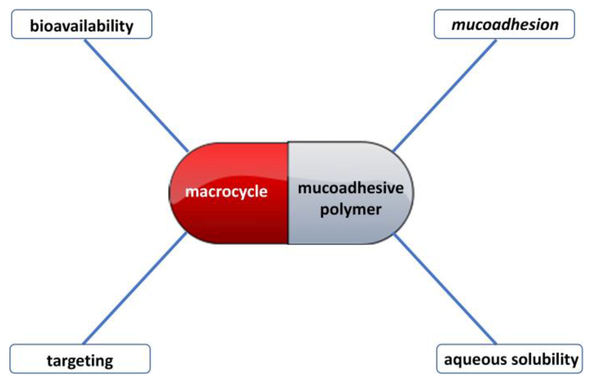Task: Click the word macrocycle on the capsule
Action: point(226,191)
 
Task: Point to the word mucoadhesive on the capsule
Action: point(351,188)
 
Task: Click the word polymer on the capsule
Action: point(351,210)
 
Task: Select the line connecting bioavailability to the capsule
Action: point(136,95)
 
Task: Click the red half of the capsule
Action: point(233,225)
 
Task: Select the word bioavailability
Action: point(81,26)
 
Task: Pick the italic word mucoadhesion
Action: point(505,25)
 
